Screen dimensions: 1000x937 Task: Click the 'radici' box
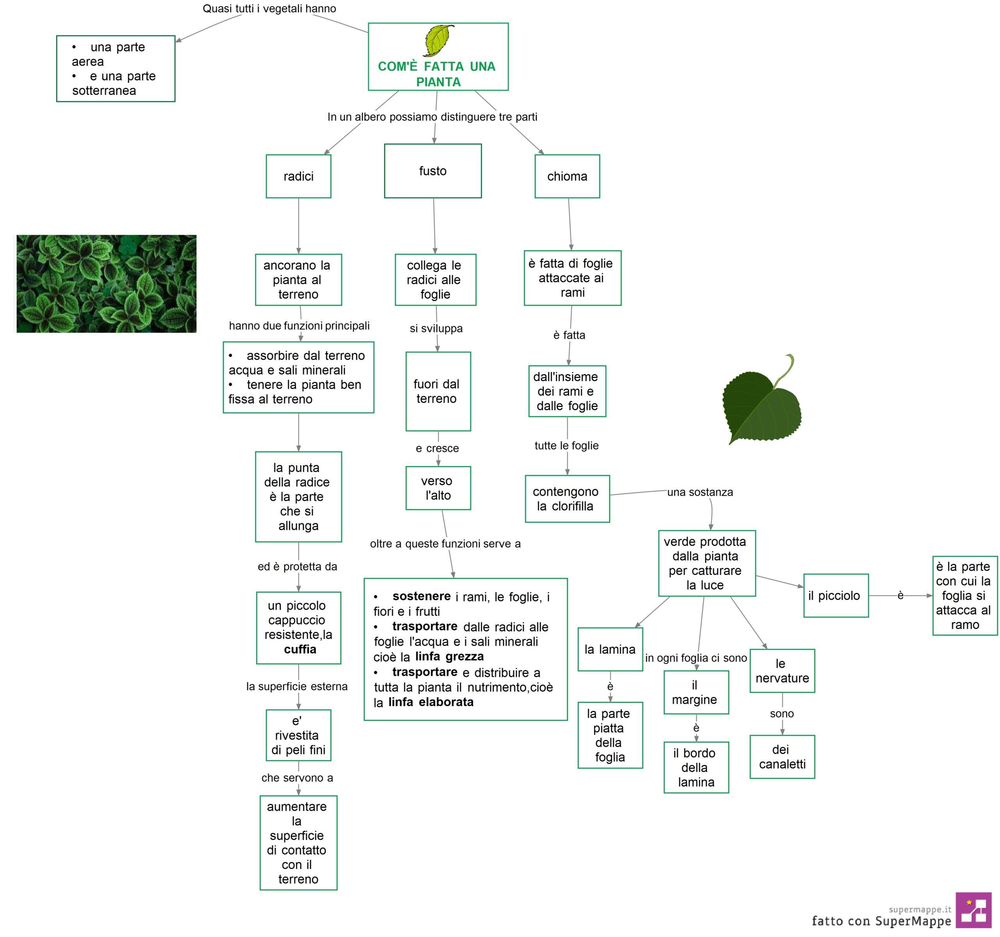[x=298, y=176]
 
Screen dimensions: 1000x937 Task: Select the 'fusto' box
[x=432, y=171]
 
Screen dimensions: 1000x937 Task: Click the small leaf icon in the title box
[x=439, y=40]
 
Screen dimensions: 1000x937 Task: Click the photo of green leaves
[x=107, y=284]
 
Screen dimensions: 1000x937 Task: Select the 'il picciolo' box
[x=836, y=596]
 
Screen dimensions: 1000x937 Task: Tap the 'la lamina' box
[x=610, y=649]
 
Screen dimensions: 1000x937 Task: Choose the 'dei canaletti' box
[x=782, y=757]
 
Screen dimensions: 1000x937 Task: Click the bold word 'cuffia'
[x=300, y=649]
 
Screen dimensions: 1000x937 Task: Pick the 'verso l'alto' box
[x=438, y=488]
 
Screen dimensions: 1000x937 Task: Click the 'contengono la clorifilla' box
[x=568, y=498]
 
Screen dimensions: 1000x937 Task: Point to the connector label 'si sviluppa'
[x=436, y=328]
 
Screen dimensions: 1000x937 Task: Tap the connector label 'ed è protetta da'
[x=297, y=566]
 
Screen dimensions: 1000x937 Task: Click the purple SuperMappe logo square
[x=973, y=910]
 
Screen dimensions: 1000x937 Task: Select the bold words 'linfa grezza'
[x=449, y=656]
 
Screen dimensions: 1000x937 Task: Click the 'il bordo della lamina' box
[x=696, y=767]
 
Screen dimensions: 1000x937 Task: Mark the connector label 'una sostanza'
[x=700, y=492]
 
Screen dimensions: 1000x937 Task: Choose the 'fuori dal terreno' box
[x=438, y=391]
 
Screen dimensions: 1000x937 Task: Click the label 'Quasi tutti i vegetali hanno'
[x=269, y=9]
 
